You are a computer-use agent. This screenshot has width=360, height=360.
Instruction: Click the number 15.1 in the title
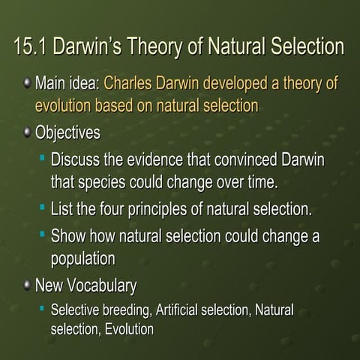tap(30, 46)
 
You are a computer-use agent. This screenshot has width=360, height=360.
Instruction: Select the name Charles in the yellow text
tap(127, 83)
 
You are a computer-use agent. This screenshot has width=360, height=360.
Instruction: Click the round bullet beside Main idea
tap(27, 82)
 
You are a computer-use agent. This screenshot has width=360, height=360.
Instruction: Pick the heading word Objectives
tap(67, 133)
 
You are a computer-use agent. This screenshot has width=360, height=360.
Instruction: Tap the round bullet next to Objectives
tap(27, 132)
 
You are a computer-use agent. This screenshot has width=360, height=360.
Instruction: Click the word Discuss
tap(75, 159)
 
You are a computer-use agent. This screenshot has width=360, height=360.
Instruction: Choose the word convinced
tap(245, 159)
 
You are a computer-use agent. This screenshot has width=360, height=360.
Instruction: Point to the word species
tap(102, 183)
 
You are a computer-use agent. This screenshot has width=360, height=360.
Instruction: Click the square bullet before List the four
tap(43, 207)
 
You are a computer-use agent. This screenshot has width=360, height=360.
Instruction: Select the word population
tap(83, 259)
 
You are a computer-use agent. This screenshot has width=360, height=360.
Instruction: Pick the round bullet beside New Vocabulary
tap(27, 285)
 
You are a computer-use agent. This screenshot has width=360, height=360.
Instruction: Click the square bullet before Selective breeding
tap(42, 308)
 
